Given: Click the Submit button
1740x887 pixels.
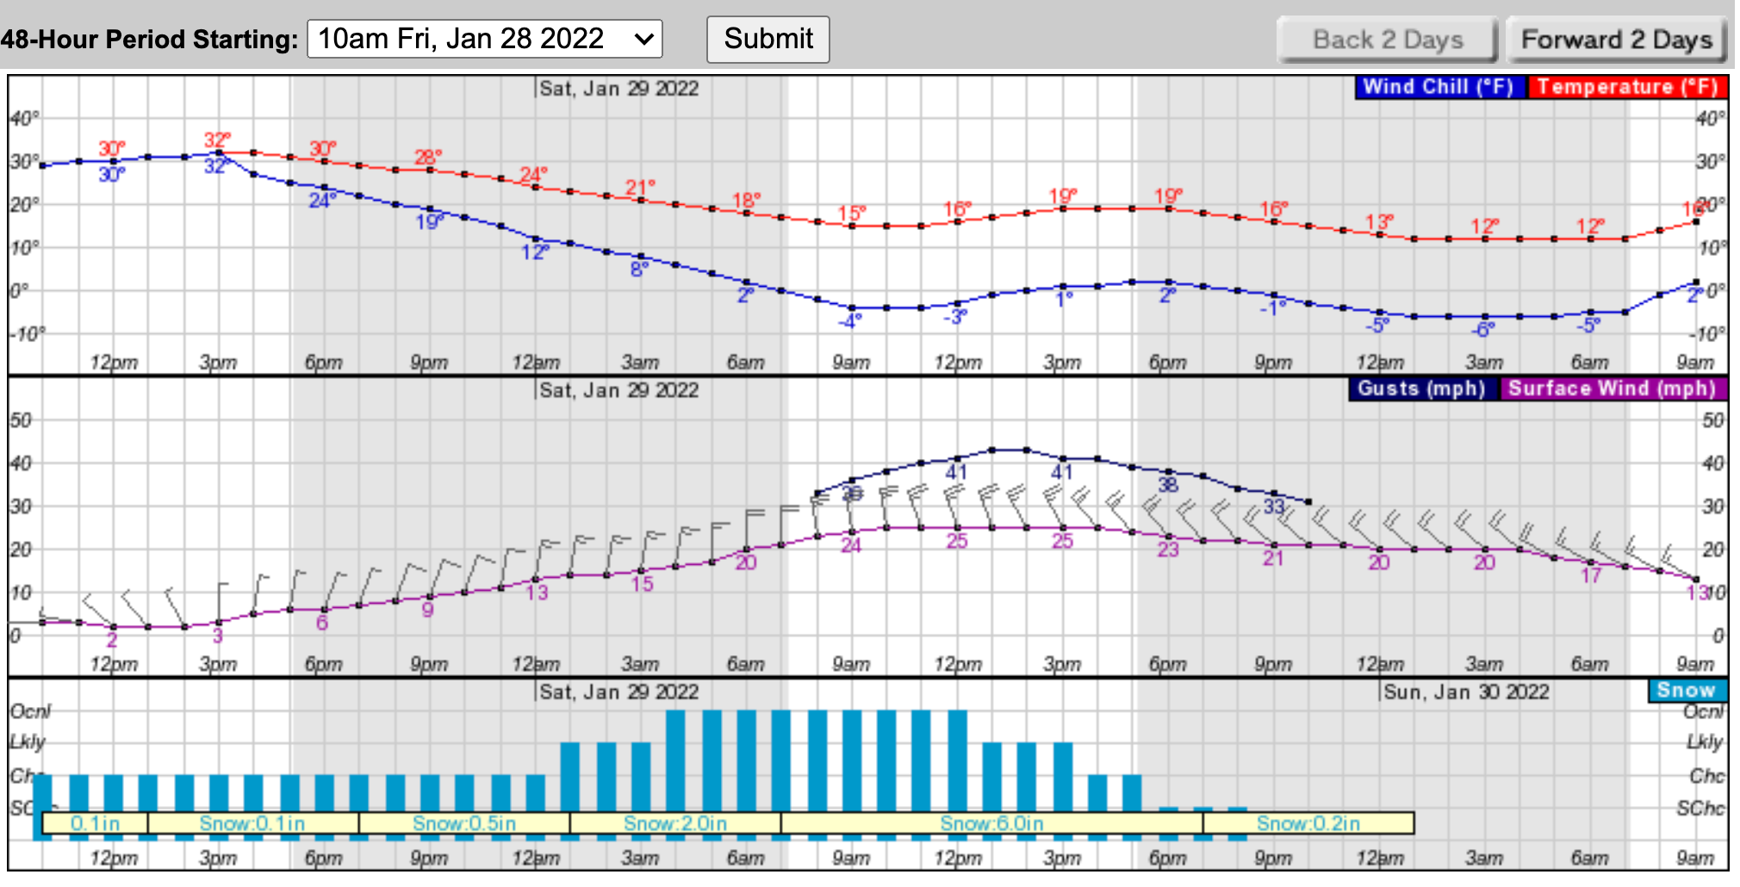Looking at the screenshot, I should coord(767,40).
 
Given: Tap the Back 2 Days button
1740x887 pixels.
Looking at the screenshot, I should coord(1387,40).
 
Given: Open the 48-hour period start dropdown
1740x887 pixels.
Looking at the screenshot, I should coord(484,40).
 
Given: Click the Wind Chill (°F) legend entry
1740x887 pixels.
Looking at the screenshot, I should coord(1438,87).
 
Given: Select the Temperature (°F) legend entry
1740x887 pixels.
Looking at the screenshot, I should coord(1626,87).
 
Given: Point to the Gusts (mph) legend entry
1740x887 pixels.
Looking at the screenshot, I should coord(1420,388).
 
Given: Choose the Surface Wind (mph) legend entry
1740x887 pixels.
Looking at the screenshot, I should coord(1611,388).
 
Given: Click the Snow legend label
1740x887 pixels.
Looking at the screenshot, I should coord(1685,691).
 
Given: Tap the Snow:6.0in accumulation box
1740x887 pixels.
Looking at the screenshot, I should coord(991,823).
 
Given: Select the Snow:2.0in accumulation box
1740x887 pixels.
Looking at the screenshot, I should coord(675,823).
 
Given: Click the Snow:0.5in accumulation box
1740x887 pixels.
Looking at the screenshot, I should coord(464,823).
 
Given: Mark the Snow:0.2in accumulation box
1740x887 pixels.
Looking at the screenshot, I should coord(1308,823).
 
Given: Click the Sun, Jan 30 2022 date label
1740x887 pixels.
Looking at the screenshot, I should coord(1466,692).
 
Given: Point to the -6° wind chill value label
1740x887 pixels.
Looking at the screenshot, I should coord(1483,329).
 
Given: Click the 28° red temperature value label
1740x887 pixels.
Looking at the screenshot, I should coord(428,157).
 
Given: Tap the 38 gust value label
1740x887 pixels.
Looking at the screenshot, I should coord(1167,484).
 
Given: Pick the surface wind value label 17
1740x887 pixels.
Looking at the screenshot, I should coord(1590,575).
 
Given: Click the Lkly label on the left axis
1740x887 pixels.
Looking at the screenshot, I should coord(28,741).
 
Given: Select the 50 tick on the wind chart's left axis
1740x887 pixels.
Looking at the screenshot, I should coord(21,420).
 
